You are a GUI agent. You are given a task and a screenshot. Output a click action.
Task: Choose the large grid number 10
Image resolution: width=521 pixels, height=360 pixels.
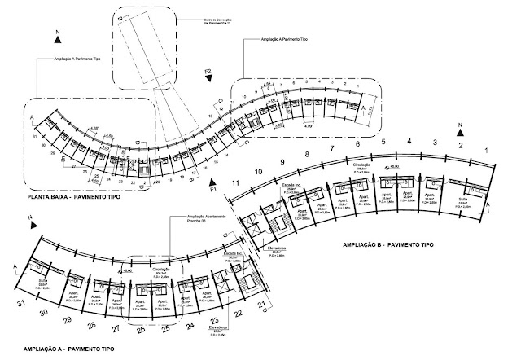tap(257, 172)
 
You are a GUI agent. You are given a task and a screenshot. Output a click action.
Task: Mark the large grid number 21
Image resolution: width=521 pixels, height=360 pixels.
tap(263, 305)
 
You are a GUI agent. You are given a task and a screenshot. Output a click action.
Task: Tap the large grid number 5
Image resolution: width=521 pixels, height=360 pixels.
tap(383, 143)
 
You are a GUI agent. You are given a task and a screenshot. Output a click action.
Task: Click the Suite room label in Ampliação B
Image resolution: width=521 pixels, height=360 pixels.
tap(464, 197)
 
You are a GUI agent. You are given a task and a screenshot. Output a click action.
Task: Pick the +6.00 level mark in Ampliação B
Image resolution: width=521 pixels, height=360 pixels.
tap(396, 167)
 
